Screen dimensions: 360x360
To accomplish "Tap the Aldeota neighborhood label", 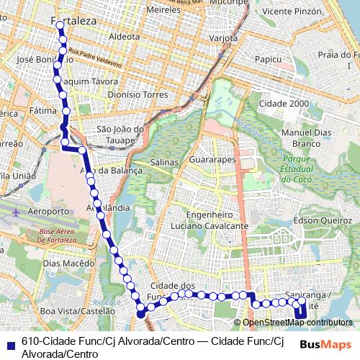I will (x=124, y=36).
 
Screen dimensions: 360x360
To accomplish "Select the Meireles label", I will (x=163, y=12).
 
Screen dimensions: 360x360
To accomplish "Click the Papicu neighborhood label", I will (x=266, y=59).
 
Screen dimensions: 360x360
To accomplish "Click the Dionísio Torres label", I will (x=136, y=94).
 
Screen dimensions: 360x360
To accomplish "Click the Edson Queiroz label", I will (x=316, y=220).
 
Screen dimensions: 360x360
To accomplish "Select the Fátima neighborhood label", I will (x=43, y=112).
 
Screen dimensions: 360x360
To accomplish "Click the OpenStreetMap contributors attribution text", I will (x=297, y=322).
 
